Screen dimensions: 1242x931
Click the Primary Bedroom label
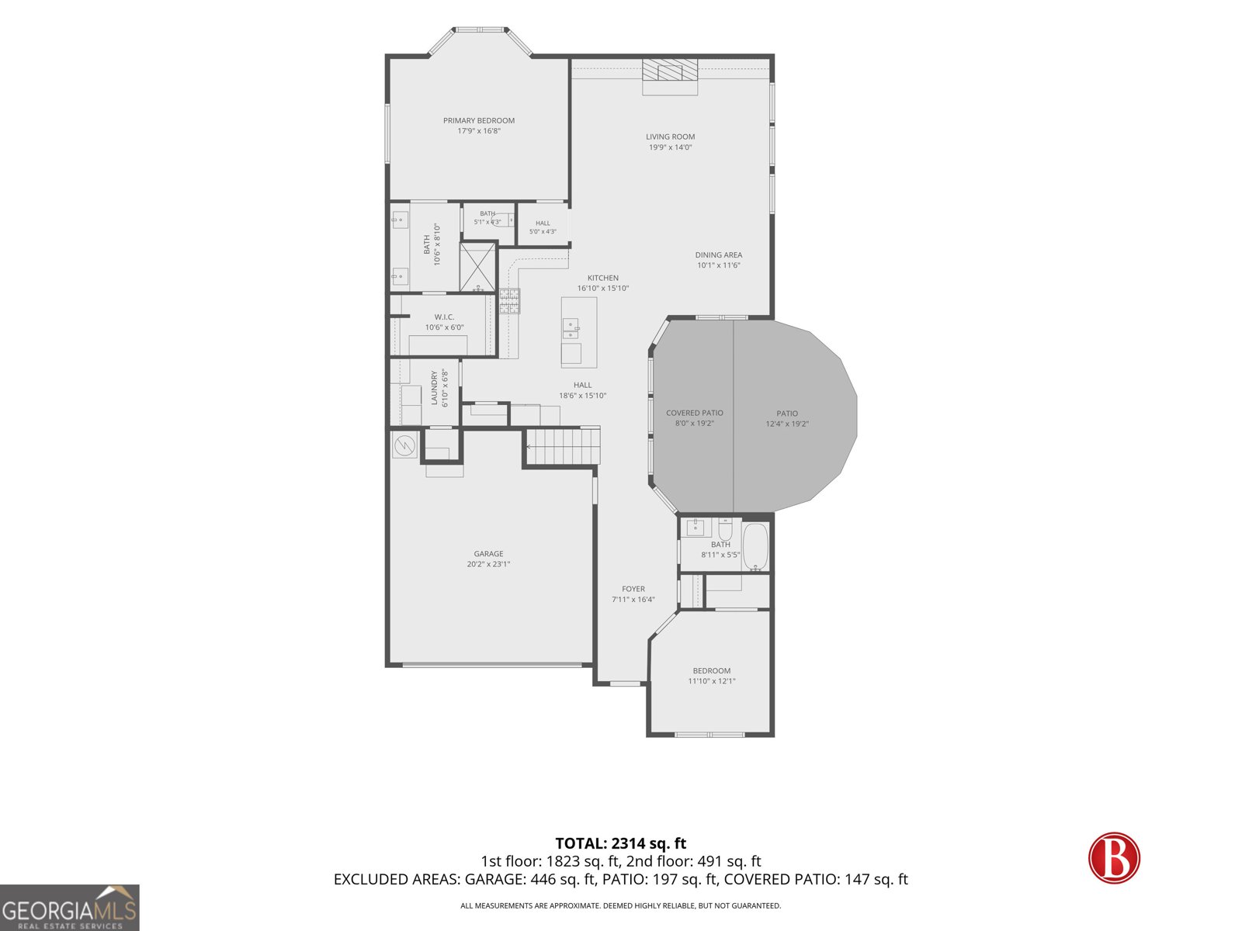(x=479, y=120)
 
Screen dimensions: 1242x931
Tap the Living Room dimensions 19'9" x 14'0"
(x=670, y=147)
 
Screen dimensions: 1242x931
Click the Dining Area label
(x=719, y=255)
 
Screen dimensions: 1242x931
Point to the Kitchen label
(x=602, y=278)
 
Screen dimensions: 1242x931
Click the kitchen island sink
(x=571, y=328)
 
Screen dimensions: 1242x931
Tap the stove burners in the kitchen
(x=509, y=301)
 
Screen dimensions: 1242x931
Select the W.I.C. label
(x=444, y=317)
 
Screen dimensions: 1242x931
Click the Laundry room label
(x=435, y=388)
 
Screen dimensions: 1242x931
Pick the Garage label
(x=488, y=554)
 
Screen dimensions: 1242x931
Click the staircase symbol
(x=563, y=447)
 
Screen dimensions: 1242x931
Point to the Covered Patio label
(x=694, y=414)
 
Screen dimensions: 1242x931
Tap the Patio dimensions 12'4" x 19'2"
(x=787, y=424)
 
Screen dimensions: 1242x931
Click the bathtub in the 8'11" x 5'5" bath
(x=755, y=547)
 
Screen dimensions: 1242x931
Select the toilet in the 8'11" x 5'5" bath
(x=725, y=530)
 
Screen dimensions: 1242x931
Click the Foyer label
(x=633, y=589)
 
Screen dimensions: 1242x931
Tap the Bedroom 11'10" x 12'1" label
(x=711, y=671)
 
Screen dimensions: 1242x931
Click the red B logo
(x=1114, y=858)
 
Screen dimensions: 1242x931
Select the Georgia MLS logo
(x=70, y=907)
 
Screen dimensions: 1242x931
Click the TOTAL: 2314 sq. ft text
(x=621, y=843)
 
